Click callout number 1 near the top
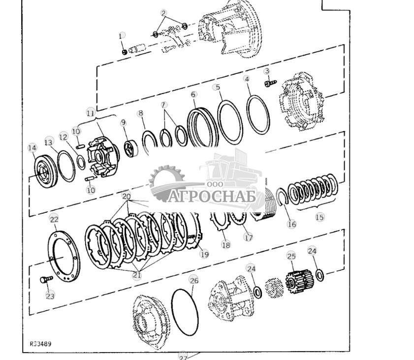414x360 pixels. coord(122,36)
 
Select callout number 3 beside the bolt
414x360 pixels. coord(267,71)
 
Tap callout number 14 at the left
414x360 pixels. coord(32,147)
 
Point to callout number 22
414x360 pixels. coord(54,219)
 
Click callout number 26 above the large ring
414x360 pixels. coord(193,280)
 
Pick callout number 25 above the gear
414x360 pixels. coord(291,256)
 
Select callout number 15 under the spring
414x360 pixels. coord(319,217)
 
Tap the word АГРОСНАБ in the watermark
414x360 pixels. coord(215,196)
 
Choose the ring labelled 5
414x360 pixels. coord(230,122)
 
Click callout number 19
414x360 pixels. coord(204,254)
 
